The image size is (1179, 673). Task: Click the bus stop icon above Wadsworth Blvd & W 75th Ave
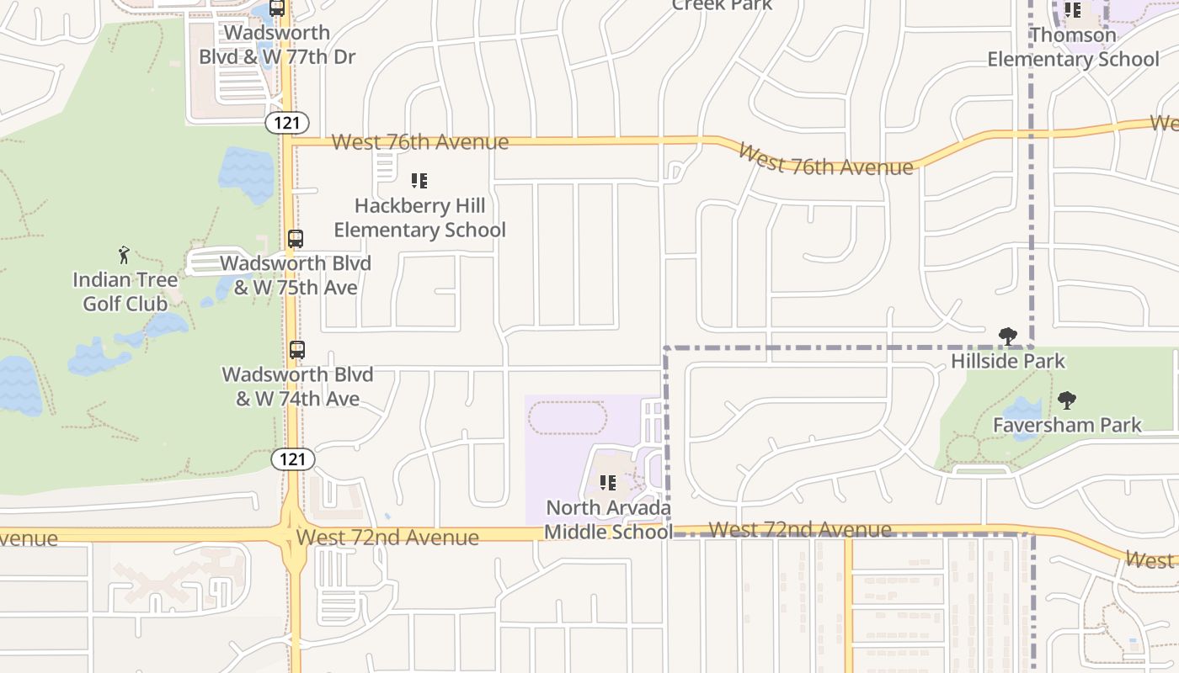[x=296, y=239]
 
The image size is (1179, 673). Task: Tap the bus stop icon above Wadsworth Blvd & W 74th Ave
[x=296, y=350]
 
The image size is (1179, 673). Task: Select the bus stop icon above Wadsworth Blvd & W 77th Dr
[x=277, y=8]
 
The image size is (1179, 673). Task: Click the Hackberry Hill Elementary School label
[x=419, y=218]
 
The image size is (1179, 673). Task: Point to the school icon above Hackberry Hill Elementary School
[x=419, y=180]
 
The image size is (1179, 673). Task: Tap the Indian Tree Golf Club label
[x=125, y=291]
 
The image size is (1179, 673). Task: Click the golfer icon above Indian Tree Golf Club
[x=125, y=254]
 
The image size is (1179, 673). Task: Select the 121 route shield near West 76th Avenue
[x=287, y=123]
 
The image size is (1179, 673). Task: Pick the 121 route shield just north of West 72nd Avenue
[x=293, y=459]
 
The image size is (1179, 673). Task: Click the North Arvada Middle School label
[x=608, y=519]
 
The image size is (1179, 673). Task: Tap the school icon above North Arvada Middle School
[x=608, y=483]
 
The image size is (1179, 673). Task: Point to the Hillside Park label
[x=1008, y=362]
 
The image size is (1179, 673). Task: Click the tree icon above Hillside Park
[x=1008, y=336]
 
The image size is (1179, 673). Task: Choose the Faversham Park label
[x=1067, y=425]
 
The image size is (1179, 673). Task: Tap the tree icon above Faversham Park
[x=1067, y=400]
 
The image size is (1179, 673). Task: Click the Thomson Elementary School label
[x=1073, y=47]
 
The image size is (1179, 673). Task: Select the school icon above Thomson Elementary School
[x=1073, y=10]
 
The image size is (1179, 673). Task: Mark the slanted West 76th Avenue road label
[x=824, y=161]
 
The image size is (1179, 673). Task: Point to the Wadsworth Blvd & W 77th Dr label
[x=277, y=45]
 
